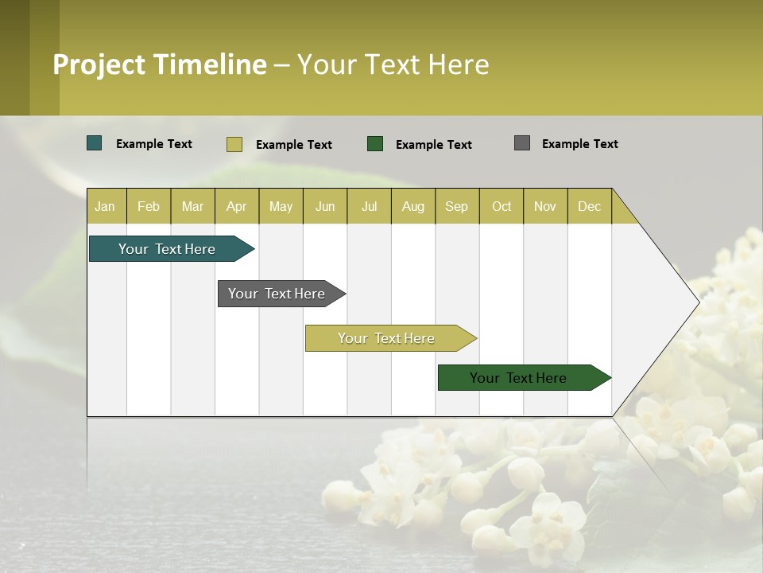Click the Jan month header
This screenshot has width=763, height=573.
click(x=106, y=206)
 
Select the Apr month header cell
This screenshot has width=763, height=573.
click(x=237, y=206)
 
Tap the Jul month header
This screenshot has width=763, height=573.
click(x=369, y=206)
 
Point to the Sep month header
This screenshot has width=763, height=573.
click(x=457, y=206)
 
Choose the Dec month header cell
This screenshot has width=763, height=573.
click(x=589, y=206)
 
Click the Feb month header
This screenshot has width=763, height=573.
click(x=149, y=206)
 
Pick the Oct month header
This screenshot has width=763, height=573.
click(x=502, y=206)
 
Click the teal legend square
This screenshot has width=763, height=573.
click(x=95, y=143)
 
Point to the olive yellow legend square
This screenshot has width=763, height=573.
click(x=234, y=144)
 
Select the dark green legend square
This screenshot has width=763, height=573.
click(x=375, y=144)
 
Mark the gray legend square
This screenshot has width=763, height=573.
click(x=522, y=143)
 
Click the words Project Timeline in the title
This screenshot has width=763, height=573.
click(x=160, y=64)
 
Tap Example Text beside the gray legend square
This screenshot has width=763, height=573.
click(x=579, y=144)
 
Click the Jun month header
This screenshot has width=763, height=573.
click(x=325, y=206)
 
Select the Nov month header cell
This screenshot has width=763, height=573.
click(x=545, y=206)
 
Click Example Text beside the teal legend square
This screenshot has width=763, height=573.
click(x=154, y=144)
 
